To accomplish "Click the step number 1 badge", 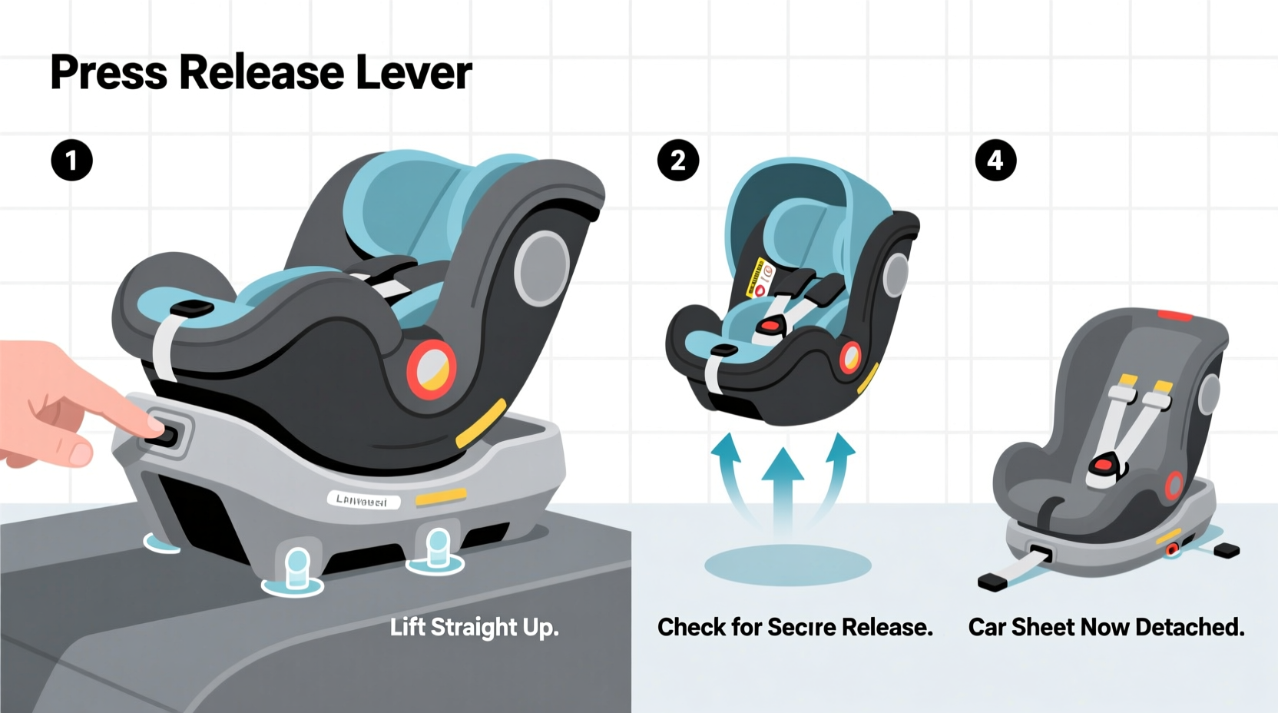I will [71, 161].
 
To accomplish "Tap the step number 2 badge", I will [678, 161].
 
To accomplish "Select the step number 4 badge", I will [995, 161].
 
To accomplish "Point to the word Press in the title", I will [108, 73].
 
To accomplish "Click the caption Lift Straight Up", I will [474, 628].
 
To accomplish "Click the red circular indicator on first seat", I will [432, 369].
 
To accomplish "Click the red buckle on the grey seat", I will [1107, 463].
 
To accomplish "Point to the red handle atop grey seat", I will [1174, 315].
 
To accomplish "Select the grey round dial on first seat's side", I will [542, 267].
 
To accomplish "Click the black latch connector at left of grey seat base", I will [992, 582].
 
